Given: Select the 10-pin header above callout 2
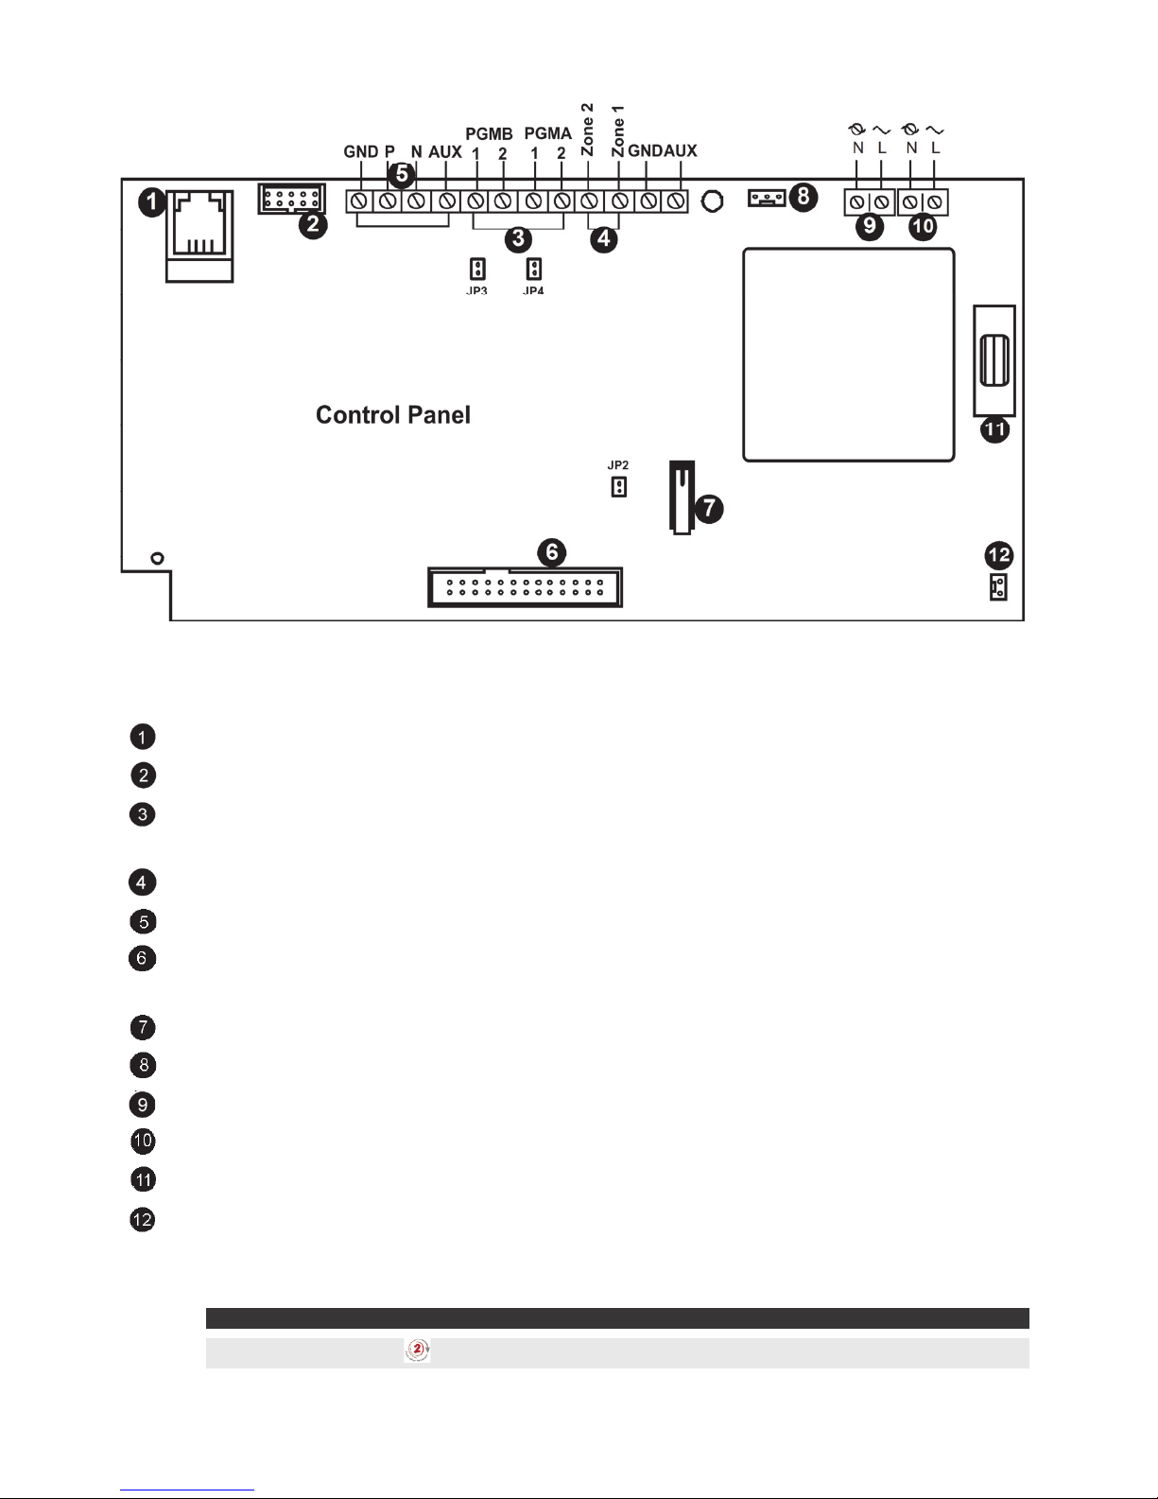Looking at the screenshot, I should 290,200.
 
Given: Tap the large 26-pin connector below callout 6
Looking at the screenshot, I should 525,586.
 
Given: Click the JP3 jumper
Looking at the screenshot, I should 477,269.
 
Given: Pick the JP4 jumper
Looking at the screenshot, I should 534,269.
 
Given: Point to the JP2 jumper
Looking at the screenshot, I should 619,487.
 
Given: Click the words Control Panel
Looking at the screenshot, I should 392,415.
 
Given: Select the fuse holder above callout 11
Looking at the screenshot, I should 994,360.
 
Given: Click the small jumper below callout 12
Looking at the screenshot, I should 997,587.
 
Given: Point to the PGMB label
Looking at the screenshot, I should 489,134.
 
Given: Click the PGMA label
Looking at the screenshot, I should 548,134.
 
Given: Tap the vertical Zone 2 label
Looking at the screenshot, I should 587,130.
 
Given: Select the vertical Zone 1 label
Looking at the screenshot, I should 618,131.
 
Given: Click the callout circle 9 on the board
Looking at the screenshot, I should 869,226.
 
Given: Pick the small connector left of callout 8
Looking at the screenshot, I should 767,198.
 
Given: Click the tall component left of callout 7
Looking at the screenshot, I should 682,497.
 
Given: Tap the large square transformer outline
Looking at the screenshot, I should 848,355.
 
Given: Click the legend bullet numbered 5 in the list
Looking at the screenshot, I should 142,920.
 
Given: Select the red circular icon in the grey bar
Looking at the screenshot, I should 417,1351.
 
